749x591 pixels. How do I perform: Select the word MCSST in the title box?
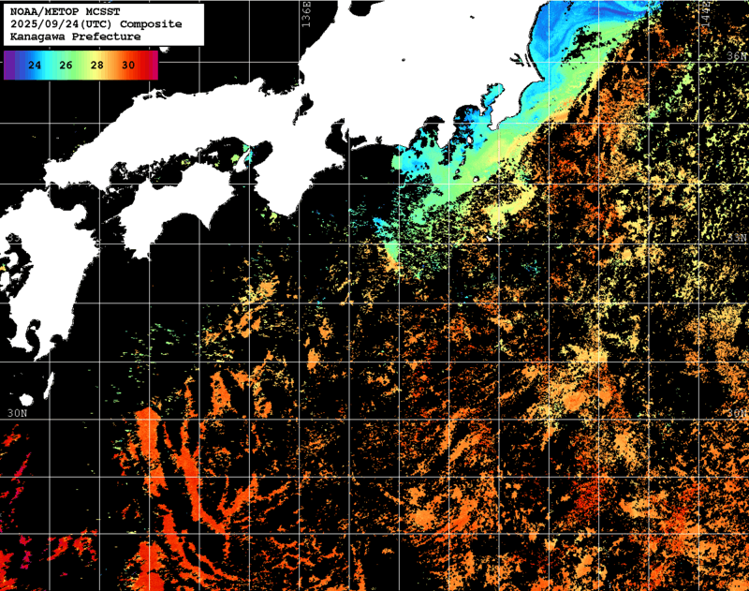click(x=107, y=11)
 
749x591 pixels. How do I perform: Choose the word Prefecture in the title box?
click(x=107, y=36)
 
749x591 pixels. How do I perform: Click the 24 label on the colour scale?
click(x=36, y=65)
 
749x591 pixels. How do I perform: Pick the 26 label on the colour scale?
click(x=66, y=65)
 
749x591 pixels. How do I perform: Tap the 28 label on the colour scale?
click(x=97, y=65)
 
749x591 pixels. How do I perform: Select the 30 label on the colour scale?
click(x=128, y=65)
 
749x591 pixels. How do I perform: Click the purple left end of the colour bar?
click(x=8, y=65)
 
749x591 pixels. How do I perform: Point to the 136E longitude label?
click(x=306, y=16)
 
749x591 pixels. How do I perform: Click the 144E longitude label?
click(x=701, y=13)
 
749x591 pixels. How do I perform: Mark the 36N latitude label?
click(x=737, y=56)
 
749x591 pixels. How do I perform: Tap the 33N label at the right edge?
click(x=737, y=238)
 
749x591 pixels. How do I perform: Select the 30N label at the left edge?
click(x=17, y=413)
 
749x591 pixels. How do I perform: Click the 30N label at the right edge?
click(x=737, y=413)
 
